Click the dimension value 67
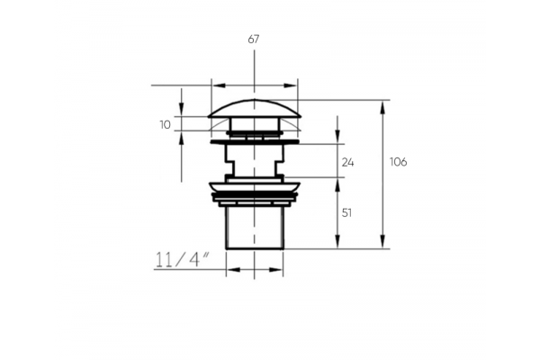(254, 40)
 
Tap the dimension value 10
(166, 125)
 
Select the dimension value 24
(347, 162)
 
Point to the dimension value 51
(346, 213)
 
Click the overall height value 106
(398, 162)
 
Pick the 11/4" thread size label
(183, 259)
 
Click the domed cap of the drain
(255, 109)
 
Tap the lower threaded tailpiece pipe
(255, 228)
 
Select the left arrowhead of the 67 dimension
(219, 85)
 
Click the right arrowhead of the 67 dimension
(290, 85)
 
